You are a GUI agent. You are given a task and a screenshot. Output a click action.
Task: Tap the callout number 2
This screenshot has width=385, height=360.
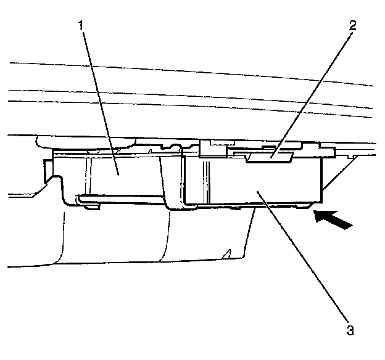pos(351,26)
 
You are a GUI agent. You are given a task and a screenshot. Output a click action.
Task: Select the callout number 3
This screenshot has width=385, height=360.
pos(350,329)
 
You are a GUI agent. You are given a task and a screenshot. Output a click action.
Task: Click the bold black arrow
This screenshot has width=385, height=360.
pos(333,219)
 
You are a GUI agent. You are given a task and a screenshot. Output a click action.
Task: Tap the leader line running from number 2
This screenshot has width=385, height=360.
pos(312,92)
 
